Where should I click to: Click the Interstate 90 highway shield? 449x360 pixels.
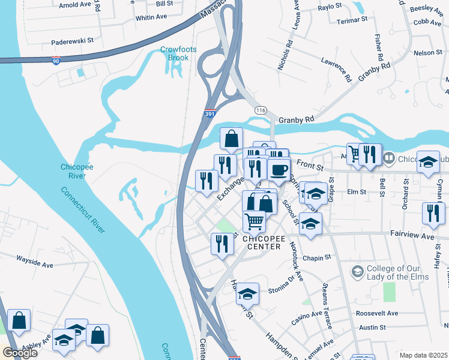[55, 62]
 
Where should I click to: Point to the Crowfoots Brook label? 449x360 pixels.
[174, 53]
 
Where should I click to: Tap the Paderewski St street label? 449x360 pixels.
[73, 41]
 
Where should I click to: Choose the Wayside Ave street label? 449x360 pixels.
[35, 265]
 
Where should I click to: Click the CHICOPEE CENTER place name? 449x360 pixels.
[262, 242]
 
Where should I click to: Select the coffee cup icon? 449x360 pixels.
[279, 170]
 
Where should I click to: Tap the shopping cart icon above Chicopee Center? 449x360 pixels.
[255, 221]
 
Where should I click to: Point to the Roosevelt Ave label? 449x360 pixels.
[376, 313]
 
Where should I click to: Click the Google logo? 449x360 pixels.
[20, 352]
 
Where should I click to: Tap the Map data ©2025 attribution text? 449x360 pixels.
[423, 355]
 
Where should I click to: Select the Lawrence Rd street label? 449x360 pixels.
[336, 69]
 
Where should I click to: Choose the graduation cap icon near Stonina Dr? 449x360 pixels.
[247, 294]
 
